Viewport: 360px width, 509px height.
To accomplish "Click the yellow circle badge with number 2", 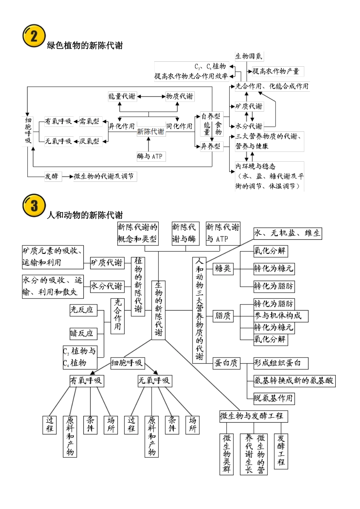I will pos(34,36).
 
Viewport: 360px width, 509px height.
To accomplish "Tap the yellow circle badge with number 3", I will pos(34,206).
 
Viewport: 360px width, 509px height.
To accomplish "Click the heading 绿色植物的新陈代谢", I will pos(85,45).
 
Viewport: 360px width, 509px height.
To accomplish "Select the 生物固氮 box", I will pos(249,56).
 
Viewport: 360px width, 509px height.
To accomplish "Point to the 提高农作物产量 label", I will pos(275,71).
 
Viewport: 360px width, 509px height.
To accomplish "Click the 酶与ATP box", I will pos(150,156).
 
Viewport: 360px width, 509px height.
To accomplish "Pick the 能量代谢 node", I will pos(122,96).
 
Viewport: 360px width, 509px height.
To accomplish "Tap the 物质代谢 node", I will pos(180,96).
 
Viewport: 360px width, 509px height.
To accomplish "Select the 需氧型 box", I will pos(89,121).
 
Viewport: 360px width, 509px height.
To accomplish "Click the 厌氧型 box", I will pos(89,141).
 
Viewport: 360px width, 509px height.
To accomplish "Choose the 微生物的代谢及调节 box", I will pos(104,176).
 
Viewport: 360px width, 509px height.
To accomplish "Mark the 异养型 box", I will pos(210,146).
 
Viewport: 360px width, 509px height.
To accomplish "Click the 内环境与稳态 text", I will pos(255,166).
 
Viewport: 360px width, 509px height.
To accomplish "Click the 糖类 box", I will pos(223,269).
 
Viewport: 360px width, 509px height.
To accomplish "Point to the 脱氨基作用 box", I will pos(274,398).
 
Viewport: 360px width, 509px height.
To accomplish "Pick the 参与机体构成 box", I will pos(280,315).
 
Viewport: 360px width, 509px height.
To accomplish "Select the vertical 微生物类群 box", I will pos(227,454).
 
